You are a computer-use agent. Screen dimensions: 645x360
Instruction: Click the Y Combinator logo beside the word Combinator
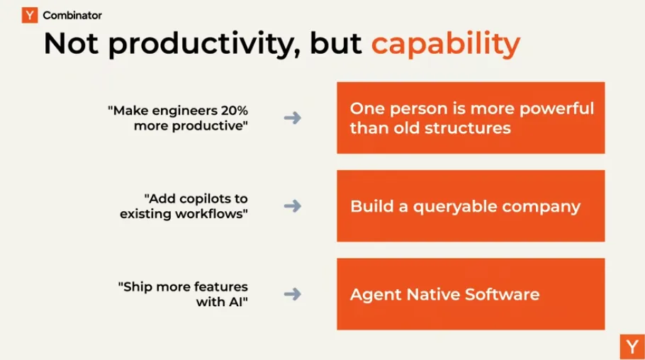[x=30, y=15]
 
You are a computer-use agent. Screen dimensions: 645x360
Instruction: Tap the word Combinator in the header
[x=72, y=16]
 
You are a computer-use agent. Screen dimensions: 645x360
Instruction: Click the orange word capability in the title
[x=446, y=44]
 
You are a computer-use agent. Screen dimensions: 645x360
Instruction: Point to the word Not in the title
[x=71, y=43]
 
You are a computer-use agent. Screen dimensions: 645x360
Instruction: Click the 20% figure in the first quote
[x=235, y=111]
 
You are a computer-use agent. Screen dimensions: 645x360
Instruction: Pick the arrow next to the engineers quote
[x=293, y=118]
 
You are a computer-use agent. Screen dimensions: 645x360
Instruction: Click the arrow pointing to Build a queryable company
[x=293, y=206]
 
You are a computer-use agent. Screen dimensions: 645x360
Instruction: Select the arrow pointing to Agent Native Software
[x=293, y=294]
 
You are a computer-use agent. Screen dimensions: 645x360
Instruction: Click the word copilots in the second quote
[x=205, y=199]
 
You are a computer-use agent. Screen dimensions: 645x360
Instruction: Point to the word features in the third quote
[x=221, y=287]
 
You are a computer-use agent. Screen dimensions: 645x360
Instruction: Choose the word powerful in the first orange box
[x=556, y=109]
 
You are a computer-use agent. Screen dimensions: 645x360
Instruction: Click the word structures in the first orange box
[x=468, y=128]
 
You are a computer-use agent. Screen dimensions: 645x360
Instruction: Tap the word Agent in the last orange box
[x=376, y=295]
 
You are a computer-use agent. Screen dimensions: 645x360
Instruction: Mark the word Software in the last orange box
[x=503, y=295]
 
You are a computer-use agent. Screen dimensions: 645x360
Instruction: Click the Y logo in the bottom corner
[x=632, y=347]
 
